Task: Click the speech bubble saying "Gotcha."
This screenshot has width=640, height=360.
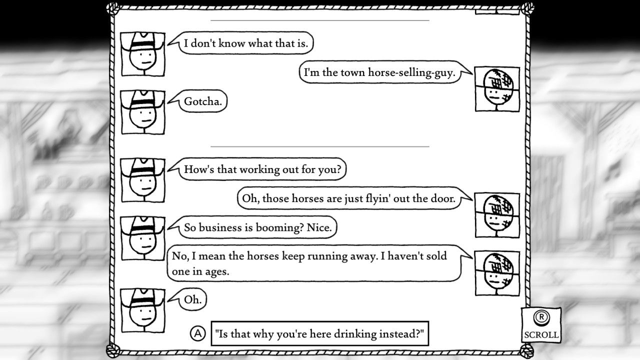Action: (203, 102)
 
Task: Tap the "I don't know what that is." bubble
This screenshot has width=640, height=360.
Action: (245, 43)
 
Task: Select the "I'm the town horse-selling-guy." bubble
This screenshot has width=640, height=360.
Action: (379, 73)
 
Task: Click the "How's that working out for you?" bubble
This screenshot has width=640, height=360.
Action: (262, 169)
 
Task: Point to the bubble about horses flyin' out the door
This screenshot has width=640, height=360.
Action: (348, 198)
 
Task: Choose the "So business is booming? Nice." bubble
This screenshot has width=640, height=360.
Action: (257, 227)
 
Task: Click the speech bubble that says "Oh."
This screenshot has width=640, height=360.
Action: (192, 300)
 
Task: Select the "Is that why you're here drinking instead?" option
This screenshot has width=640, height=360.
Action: (320, 333)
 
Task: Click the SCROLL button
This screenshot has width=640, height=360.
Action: (541, 334)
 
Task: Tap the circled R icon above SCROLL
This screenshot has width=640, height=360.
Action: (540, 317)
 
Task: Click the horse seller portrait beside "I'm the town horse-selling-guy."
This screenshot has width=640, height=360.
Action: (497, 89)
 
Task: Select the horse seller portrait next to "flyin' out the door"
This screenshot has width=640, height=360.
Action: (497, 215)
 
